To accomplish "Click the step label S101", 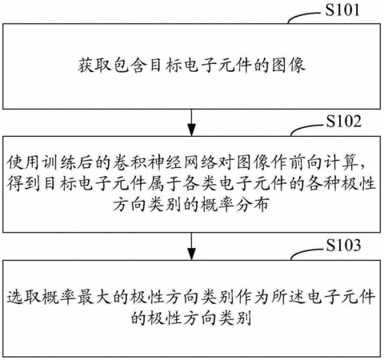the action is (x=342, y=10).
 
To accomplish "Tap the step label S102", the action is (x=344, y=122).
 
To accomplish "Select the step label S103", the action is (x=344, y=245).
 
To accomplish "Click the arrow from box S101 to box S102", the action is (x=191, y=122).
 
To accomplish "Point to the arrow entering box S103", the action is (x=191, y=246).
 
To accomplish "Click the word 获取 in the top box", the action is (x=94, y=65).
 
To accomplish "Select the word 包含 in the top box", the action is (x=130, y=65).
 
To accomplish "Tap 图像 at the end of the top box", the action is (x=288, y=65).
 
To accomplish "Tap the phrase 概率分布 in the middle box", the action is (x=234, y=205).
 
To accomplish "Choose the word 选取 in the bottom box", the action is (x=23, y=297).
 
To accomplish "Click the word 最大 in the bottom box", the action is (x=94, y=297).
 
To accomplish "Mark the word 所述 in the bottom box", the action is (x=288, y=297).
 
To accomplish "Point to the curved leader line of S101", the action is (x=304, y=15).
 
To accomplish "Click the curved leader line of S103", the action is (x=306, y=251).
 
